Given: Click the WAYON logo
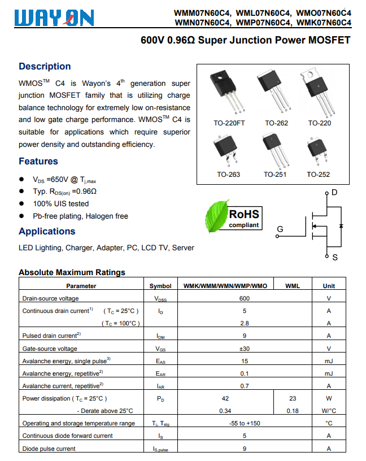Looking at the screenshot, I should (56, 19).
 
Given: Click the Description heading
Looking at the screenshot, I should (45, 66).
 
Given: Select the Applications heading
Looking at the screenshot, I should (47, 231).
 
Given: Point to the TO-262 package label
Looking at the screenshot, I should (276, 123).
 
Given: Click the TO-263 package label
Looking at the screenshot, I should (228, 174).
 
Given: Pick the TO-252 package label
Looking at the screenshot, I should (319, 174).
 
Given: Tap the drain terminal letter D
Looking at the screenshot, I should (334, 193).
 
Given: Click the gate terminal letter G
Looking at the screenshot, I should (280, 229).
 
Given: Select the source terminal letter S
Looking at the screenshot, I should (334, 258).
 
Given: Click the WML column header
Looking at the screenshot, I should (293, 286).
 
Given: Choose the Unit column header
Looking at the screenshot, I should (329, 286).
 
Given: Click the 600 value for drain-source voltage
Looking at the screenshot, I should (244, 298).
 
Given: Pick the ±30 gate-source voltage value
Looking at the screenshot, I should (244, 349).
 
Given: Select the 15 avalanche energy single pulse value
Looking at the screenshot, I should (244, 361).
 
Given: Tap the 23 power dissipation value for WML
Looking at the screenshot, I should (293, 398).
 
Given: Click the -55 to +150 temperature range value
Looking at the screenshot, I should (244, 423).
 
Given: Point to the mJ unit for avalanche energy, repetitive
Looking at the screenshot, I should (329, 373).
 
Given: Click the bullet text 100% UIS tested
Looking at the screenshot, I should (60, 203).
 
